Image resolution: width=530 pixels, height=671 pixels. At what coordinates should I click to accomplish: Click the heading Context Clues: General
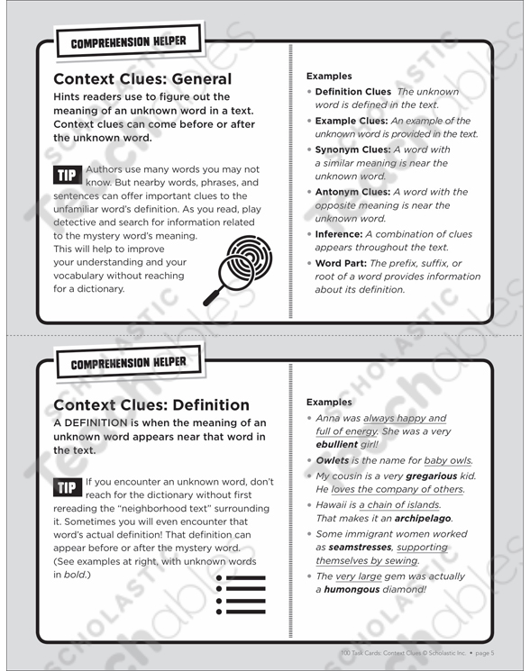pyautogui.click(x=142, y=78)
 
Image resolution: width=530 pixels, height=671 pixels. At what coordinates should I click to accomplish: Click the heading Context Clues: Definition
pyautogui.click(x=151, y=404)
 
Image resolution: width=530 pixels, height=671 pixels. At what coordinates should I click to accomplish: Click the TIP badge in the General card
pyautogui.click(x=67, y=175)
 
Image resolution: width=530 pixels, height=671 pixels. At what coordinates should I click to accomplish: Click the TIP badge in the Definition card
pyautogui.click(x=67, y=487)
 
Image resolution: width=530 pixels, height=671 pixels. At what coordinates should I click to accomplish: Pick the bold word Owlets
pyautogui.click(x=333, y=461)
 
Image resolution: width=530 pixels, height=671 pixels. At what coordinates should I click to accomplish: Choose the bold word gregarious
pyautogui.click(x=430, y=475)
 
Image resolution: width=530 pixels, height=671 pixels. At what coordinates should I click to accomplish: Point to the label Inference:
pyautogui.click(x=338, y=233)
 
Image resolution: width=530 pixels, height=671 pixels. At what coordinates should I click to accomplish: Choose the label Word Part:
pyautogui.click(x=341, y=262)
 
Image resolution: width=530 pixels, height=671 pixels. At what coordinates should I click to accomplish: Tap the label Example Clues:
pyautogui.click(x=352, y=121)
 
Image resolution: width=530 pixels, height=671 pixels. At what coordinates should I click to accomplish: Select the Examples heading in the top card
pyautogui.click(x=329, y=77)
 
